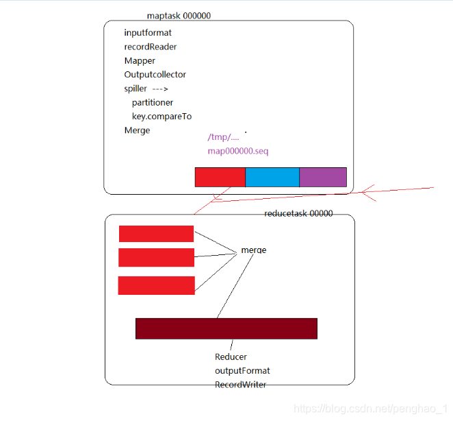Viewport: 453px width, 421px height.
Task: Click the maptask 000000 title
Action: pyautogui.click(x=179, y=16)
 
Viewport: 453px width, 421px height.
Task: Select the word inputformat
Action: pyautogui.click(x=148, y=33)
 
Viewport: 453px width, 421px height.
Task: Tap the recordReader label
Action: pyautogui.click(x=151, y=47)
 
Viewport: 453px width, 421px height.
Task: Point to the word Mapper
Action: pyautogui.click(x=140, y=60)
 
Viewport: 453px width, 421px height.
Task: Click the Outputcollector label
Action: pyautogui.click(x=155, y=74)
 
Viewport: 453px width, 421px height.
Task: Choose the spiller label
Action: pyautogui.click(x=135, y=88)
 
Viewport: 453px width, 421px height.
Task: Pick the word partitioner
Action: pyautogui.click(x=153, y=102)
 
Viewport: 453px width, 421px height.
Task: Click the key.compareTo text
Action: pyautogui.click(x=161, y=116)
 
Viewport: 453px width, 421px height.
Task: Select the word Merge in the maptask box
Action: pyautogui.click(x=137, y=130)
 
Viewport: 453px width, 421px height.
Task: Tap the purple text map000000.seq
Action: pyautogui.click(x=238, y=150)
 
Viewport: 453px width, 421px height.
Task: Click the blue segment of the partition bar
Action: pyautogui.click(x=272, y=177)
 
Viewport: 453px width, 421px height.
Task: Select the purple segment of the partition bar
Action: pyautogui.click(x=323, y=177)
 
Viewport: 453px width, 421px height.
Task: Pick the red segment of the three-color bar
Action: pyautogui.click(x=220, y=177)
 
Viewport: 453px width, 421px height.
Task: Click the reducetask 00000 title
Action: pyautogui.click(x=298, y=213)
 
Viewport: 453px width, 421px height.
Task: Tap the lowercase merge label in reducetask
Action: pyautogui.click(x=253, y=250)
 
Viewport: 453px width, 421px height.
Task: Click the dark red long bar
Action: pyautogui.click(x=226, y=328)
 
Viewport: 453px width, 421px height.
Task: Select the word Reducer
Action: pyautogui.click(x=231, y=357)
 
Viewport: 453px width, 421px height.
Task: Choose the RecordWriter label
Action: pyautogui.click(x=240, y=384)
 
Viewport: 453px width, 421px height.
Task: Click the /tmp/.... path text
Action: pyautogui.click(x=223, y=137)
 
